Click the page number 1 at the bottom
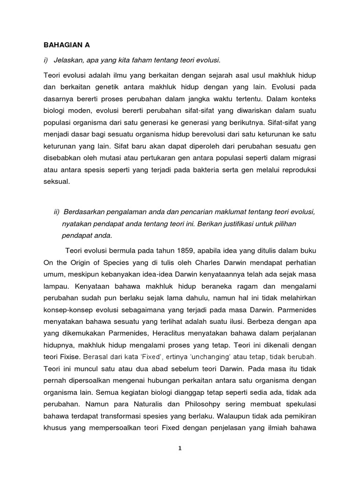tap(180, 448)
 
